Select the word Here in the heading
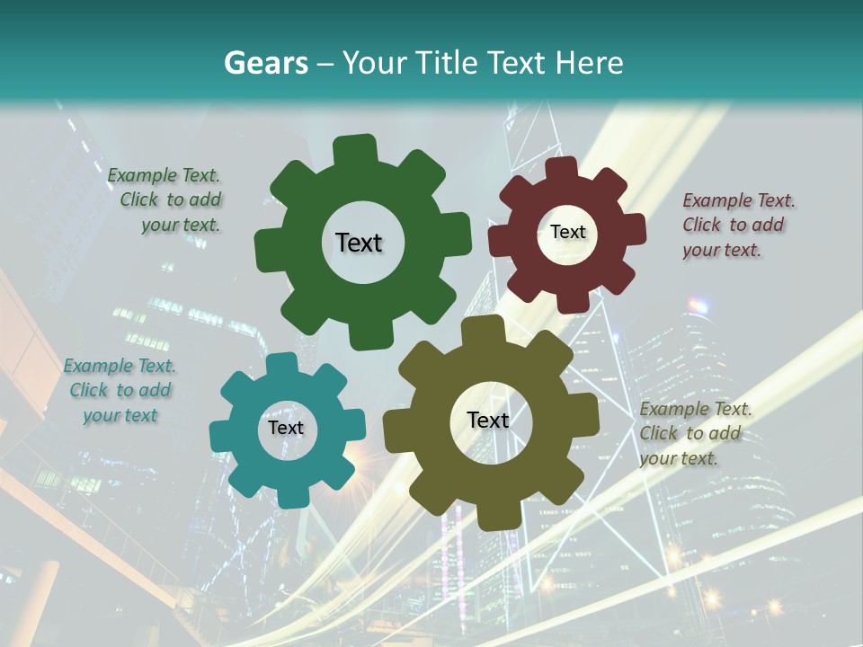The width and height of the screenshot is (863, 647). pos(589,63)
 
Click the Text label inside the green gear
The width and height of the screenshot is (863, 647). pos(359,243)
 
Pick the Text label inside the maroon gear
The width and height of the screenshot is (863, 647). pos(567,232)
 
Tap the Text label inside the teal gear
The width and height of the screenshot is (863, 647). pos(286,428)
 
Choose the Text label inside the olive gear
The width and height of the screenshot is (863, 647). pos(488,420)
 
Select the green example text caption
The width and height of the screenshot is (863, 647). pos(165,200)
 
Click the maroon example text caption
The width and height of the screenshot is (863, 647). pos(737,226)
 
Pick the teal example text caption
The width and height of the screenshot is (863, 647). pos(120,391)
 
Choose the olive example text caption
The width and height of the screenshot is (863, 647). pos(694,433)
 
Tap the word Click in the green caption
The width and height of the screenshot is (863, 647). pos(140,200)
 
